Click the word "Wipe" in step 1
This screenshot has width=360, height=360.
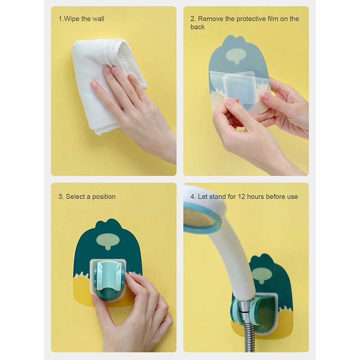tap(72, 19)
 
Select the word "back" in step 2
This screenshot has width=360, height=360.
tap(198, 27)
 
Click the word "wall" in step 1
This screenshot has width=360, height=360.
tap(98, 19)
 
